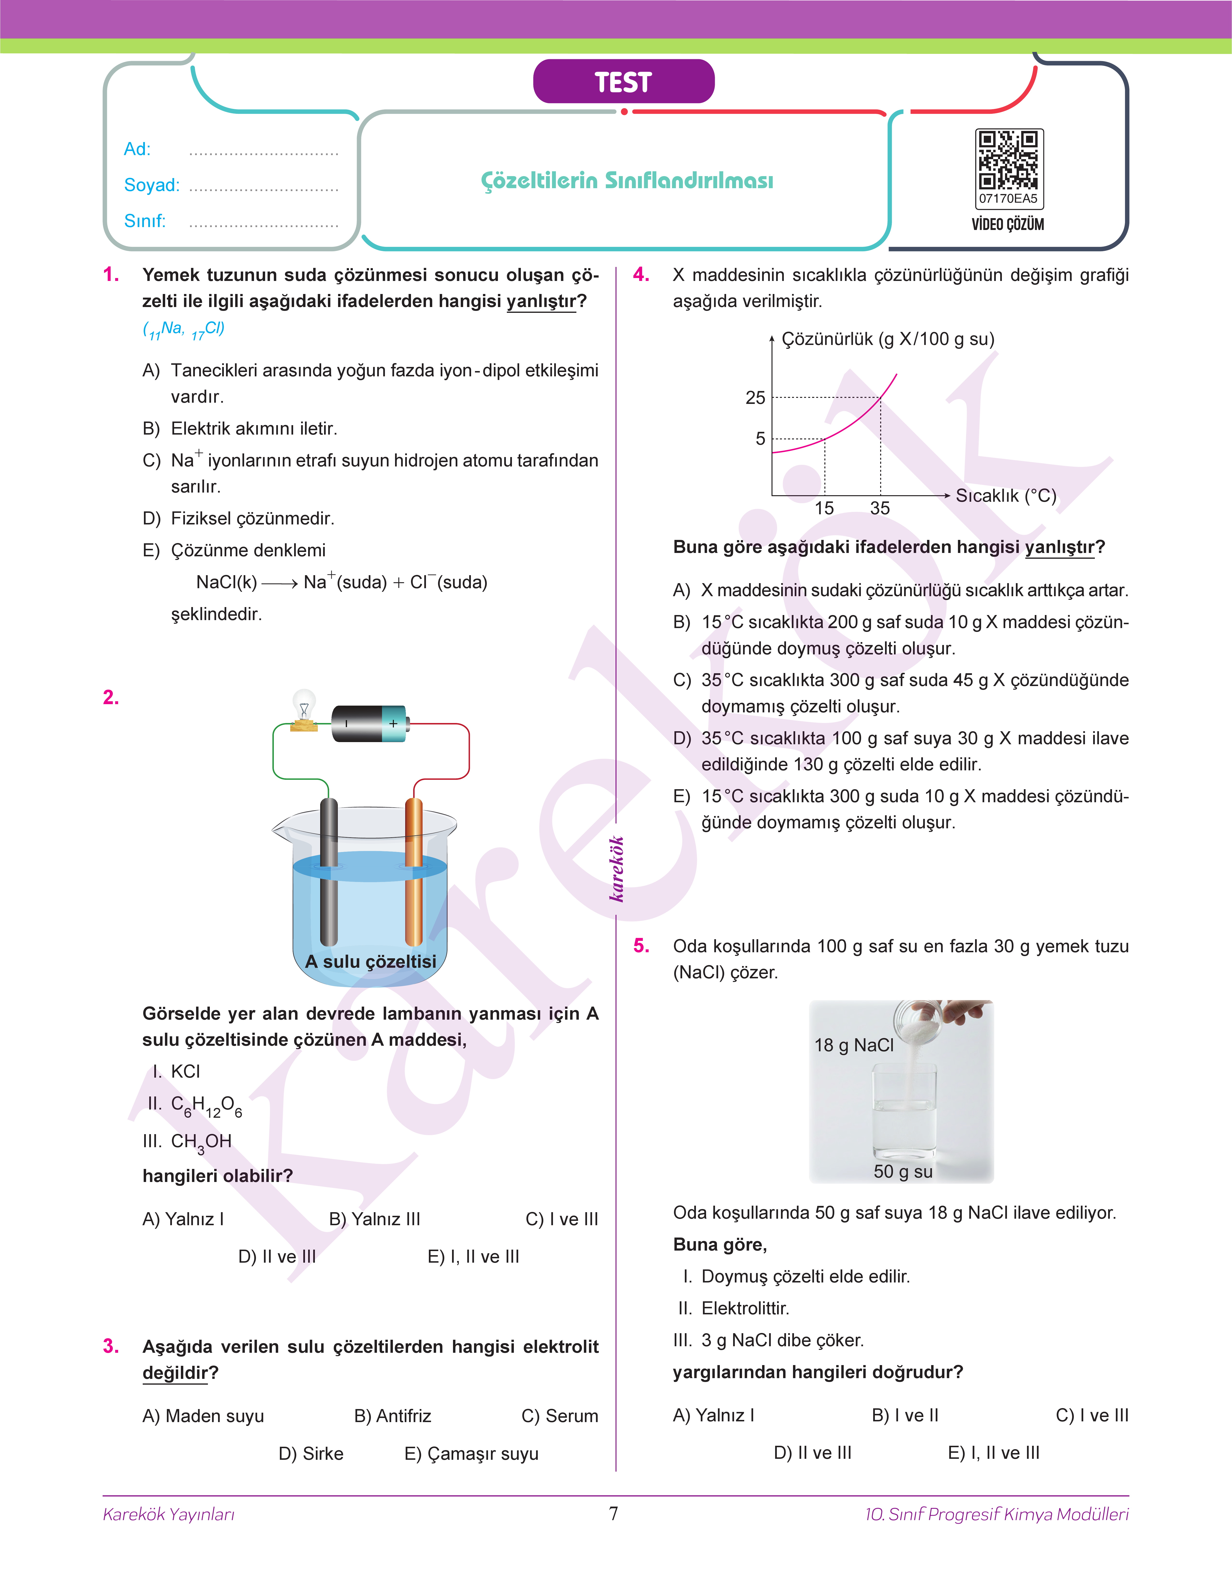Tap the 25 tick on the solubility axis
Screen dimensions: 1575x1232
click(755, 398)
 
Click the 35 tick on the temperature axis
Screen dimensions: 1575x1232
click(880, 508)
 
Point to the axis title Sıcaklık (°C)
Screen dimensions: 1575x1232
click(1005, 496)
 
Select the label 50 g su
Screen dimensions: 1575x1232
click(902, 1172)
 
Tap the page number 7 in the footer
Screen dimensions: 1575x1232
click(614, 1513)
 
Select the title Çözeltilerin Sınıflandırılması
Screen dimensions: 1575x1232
click(627, 180)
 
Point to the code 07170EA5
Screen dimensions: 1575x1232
click(1008, 198)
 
